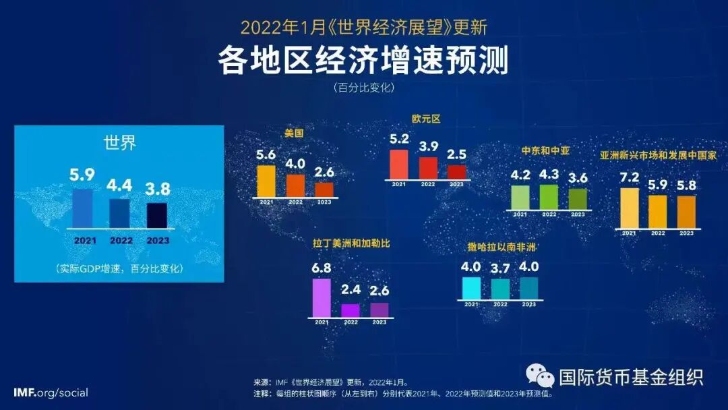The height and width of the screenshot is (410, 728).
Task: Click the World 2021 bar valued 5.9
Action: coord(82,208)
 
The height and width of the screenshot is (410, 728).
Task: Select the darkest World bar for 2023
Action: coord(157,216)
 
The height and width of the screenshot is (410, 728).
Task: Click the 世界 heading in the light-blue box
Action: coord(119,143)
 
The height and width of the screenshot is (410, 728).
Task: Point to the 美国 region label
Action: coord(293,134)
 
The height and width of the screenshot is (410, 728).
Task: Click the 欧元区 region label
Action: coord(426,119)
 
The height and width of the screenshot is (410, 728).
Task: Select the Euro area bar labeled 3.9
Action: coord(428,168)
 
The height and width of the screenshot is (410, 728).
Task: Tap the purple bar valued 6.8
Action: coord(322,297)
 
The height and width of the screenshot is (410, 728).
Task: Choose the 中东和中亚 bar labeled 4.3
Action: coord(549,196)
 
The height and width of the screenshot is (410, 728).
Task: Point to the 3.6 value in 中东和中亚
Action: coord(578,177)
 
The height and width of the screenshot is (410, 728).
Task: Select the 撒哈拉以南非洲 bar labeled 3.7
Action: coord(500,289)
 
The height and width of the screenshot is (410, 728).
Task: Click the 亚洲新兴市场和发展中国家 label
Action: coord(659,154)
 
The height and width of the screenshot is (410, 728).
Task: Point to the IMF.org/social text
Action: coord(51,392)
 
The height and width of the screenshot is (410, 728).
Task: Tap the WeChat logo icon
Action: coord(540,376)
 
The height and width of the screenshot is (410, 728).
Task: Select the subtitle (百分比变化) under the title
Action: coord(363,88)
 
